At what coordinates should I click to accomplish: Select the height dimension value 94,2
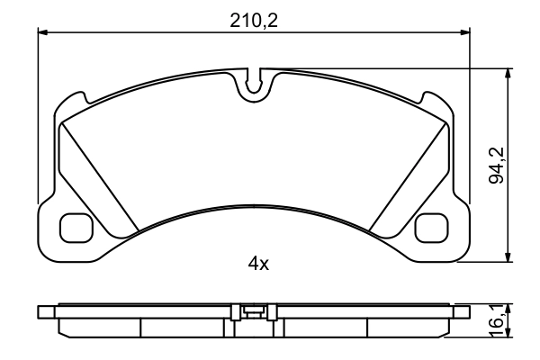coord(494,166)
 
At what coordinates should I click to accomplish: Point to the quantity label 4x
coord(258,264)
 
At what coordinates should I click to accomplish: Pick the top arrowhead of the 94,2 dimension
coord(510,71)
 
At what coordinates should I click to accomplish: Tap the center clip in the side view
coord(254,312)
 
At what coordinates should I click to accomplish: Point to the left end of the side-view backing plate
coord(42,311)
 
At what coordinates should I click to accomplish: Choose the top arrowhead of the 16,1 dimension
coord(510,306)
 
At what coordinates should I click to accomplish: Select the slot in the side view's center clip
coord(255,313)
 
